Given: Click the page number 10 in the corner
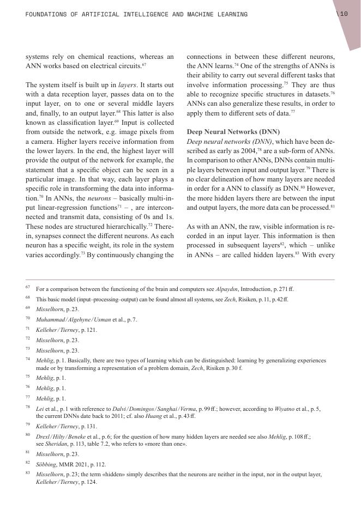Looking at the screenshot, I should pos(344,14).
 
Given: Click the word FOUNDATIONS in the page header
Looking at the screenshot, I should pos(47,14).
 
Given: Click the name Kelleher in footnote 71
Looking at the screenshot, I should pos(47,330).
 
